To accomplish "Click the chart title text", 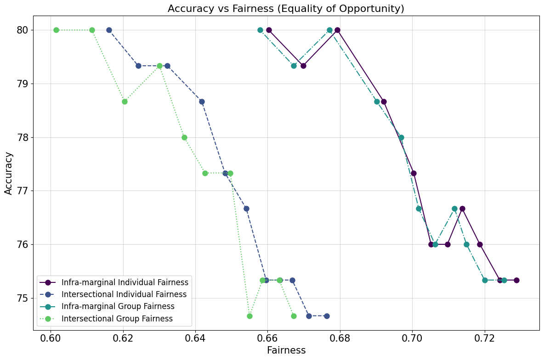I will (x=286, y=8).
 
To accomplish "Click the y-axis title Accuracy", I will (x=9, y=173).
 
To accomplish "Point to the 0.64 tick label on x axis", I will (x=195, y=338).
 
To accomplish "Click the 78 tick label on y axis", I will (x=23, y=137).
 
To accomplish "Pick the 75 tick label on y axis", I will (x=23, y=298).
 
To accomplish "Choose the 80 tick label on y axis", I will (x=23, y=30).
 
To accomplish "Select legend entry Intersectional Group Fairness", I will (x=117, y=318).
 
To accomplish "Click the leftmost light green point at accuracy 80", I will (x=56, y=30).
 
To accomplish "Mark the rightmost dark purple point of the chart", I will (x=516, y=280).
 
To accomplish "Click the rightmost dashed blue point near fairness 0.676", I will (x=327, y=316).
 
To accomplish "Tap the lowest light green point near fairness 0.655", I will (x=249, y=316).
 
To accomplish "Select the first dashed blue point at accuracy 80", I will (x=109, y=30).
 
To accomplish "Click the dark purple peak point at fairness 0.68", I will (x=337, y=30).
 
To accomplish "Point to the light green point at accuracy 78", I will (x=184, y=137).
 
